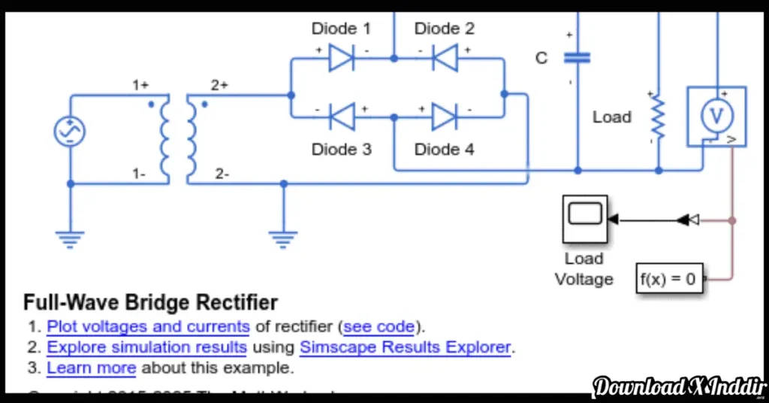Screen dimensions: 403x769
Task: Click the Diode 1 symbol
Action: (x=342, y=58)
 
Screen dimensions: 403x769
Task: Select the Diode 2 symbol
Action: (x=445, y=58)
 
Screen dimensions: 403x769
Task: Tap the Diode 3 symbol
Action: (x=342, y=117)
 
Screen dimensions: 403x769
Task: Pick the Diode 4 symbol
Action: (x=445, y=117)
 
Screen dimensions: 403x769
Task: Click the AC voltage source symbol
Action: (x=70, y=132)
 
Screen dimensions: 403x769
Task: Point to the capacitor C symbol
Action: (x=577, y=58)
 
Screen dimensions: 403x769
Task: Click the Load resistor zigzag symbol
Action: (x=658, y=117)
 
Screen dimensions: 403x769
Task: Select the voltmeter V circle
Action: (x=716, y=116)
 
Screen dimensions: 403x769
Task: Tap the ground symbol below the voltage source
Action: (x=70, y=239)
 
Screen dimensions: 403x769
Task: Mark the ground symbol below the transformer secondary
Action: (x=282, y=239)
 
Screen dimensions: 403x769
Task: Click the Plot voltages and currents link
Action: (x=148, y=327)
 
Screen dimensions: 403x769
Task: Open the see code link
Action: (x=378, y=327)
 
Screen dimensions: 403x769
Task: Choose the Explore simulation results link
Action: (x=146, y=347)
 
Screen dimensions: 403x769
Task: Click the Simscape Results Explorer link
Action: (x=406, y=347)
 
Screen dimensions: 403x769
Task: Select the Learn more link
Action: (x=91, y=368)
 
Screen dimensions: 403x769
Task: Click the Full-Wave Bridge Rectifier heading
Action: (x=150, y=303)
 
